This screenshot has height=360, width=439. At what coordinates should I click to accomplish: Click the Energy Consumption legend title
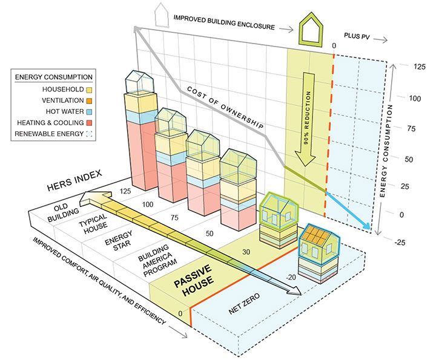[53, 77]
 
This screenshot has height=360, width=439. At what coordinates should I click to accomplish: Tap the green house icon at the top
[315, 30]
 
